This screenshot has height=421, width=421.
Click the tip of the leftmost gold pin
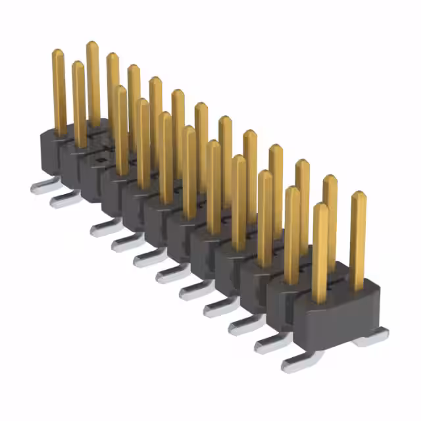point(58,53)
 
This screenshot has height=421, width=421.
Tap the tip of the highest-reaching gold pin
point(92,45)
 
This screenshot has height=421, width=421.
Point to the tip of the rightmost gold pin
point(358,195)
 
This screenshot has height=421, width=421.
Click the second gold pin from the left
point(78,105)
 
